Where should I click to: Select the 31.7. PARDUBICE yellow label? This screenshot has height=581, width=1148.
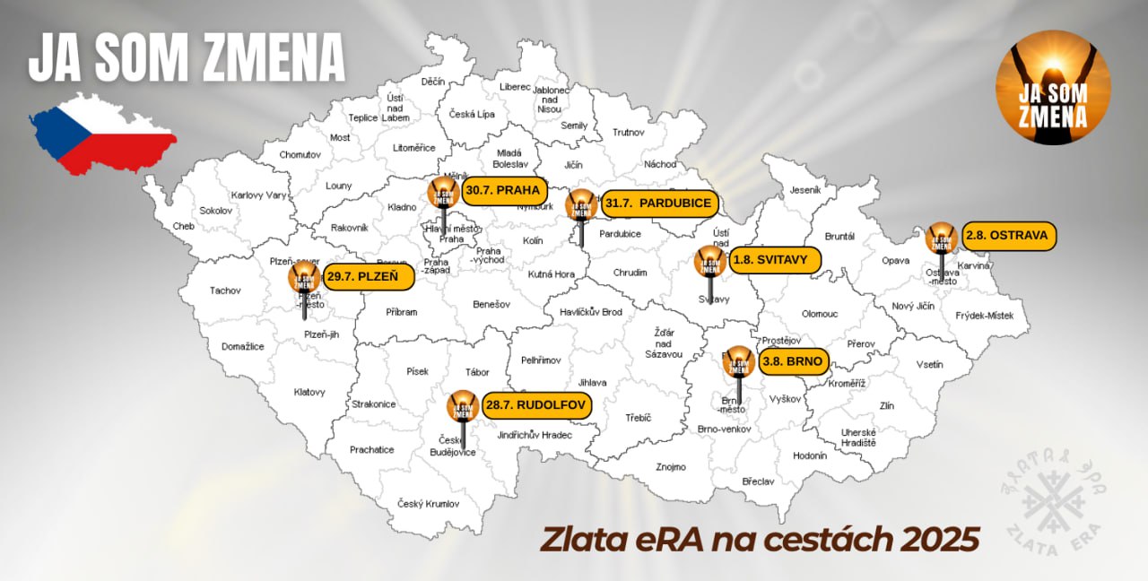pos(658,204)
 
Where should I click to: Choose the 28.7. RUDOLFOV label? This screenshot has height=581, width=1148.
pos(536,406)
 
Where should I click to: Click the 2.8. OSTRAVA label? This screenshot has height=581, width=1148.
pos(1007,236)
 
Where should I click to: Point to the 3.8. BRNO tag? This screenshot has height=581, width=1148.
pos(792,362)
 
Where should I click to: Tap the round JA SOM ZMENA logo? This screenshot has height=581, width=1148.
pos(1053,88)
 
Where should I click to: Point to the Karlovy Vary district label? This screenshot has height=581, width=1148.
pos(258,195)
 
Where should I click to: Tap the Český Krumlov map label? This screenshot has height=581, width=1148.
pos(429,504)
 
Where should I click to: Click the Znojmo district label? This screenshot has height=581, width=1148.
pos(670,467)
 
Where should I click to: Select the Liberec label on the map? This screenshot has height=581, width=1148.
pos(515,87)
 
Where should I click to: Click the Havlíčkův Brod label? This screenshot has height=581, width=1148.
pos(584,312)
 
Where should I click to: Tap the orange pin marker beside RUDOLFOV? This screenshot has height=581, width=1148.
pos(463,406)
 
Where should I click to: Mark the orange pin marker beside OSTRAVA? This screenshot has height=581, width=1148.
pos(941,237)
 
